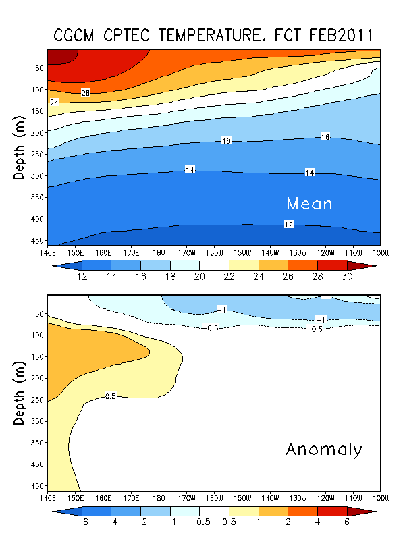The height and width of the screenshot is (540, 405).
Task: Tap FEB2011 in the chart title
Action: point(337,35)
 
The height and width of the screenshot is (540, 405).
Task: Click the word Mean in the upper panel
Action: point(309,203)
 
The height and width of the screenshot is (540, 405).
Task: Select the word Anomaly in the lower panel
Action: point(324,449)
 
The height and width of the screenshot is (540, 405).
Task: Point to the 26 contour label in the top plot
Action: point(86,92)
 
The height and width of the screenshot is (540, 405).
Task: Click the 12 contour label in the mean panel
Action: point(288,224)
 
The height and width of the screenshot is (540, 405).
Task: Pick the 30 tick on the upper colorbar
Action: point(346,277)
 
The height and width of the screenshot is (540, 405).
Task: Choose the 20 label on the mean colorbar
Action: point(200,277)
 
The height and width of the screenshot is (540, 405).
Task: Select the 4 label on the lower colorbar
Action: point(317,523)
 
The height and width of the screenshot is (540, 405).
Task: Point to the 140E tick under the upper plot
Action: point(48,252)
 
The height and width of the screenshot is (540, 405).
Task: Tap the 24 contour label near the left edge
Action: point(55,102)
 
